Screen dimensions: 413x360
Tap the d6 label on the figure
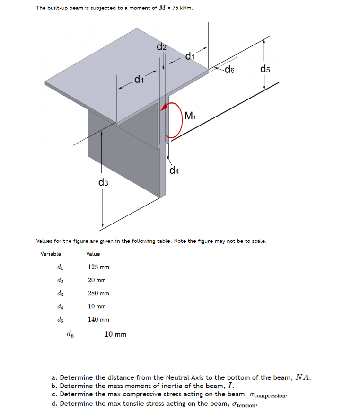[229, 71]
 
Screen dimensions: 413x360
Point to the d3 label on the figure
[103, 183]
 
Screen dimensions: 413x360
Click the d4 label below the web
[174, 170]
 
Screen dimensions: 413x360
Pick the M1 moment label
[190, 115]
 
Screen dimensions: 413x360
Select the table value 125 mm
[98, 267]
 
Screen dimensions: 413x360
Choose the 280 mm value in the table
[98, 293]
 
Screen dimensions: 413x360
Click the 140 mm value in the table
[98, 320]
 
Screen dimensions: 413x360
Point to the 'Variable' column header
[51, 254]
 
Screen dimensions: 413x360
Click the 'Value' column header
[93, 254]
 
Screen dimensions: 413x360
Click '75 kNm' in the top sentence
[183, 9]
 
